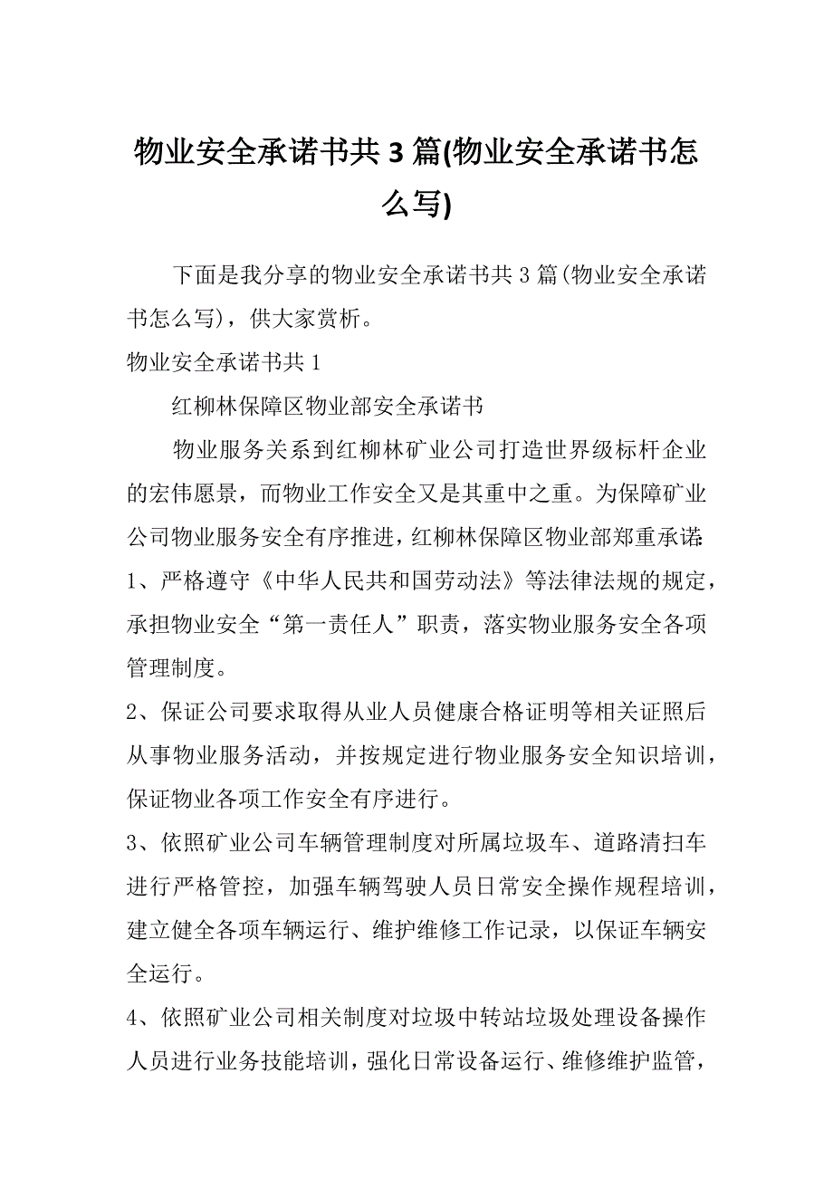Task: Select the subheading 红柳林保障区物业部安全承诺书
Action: point(328,406)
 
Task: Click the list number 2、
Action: point(142,713)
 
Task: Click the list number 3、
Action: point(142,844)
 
